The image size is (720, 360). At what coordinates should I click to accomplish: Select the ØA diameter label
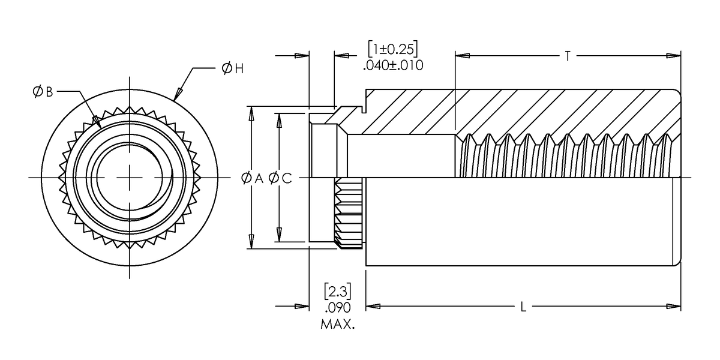coord(252,178)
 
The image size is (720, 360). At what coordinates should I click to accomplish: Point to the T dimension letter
coord(568,56)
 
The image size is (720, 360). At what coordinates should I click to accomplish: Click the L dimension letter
coord(523,307)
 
